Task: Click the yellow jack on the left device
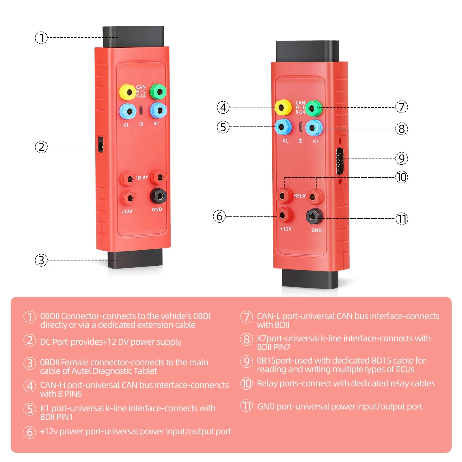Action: pos(127,92)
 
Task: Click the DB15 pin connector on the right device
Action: pos(340,161)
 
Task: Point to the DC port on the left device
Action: pos(101,145)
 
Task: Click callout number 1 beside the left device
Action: pos(41,38)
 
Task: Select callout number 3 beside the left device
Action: pos(41,260)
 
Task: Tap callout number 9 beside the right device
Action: pos(401,158)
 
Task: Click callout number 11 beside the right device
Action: pos(402,219)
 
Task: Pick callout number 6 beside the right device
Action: pos(219,216)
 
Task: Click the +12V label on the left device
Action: pos(127,211)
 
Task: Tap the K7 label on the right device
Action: pos(316,141)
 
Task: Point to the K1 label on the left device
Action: pos(126,125)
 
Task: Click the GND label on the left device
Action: pos(157,209)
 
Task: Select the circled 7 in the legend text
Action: pos(246,317)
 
